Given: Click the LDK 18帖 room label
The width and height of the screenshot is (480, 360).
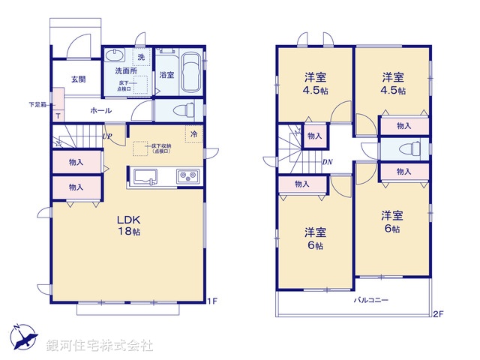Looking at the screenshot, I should click(x=128, y=225).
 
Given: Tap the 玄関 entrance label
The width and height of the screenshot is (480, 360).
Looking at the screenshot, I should click(x=78, y=79).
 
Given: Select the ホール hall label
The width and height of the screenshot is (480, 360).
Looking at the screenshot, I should click(x=101, y=110).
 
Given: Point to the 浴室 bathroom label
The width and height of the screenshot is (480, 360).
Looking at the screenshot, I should click(x=166, y=75).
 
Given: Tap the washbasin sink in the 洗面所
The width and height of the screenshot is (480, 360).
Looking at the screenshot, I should click(x=115, y=56).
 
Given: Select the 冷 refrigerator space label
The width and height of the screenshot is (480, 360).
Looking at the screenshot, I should click(x=193, y=134).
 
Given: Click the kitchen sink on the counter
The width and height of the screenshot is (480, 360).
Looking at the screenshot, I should click(x=145, y=177).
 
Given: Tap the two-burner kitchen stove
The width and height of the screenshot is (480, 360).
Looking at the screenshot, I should click(x=187, y=177).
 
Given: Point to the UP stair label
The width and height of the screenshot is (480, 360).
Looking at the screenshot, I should click(x=107, y=136).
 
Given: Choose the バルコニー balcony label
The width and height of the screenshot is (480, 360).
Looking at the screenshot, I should click(x=371, y=300).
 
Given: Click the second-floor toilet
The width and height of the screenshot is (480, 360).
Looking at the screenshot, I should click(x=409, y=148).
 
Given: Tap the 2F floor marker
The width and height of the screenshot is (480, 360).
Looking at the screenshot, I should click(x=438, y=314).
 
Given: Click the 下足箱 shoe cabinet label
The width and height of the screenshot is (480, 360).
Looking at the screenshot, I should click(x=37, y=104).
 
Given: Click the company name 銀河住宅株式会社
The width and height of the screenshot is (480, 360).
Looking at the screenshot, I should click(x=100, y=346).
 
